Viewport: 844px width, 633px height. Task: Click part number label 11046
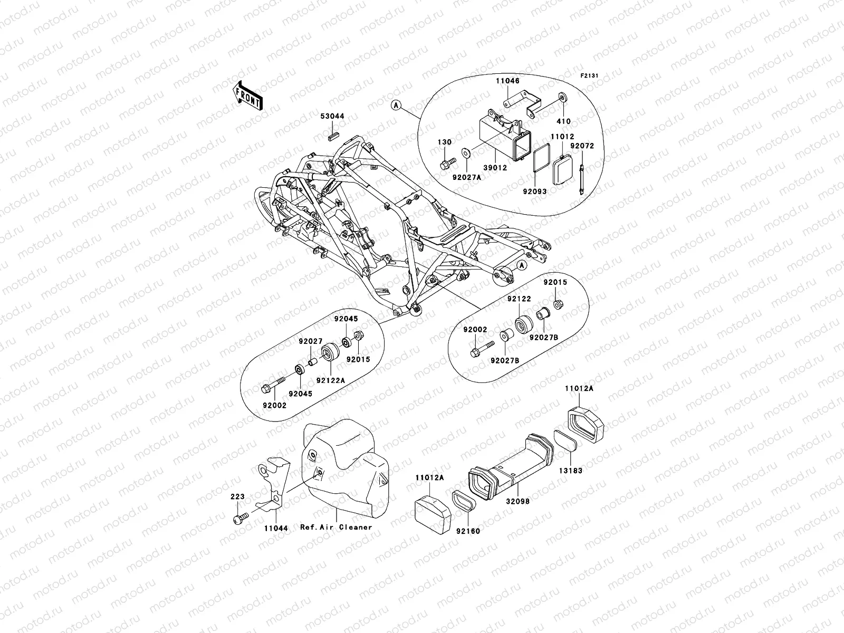tap(507, 82)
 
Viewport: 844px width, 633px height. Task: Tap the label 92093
tap(534, 192)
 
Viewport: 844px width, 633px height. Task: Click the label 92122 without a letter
tap(519, 299)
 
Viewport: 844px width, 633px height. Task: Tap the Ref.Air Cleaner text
tap(336, 527)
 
